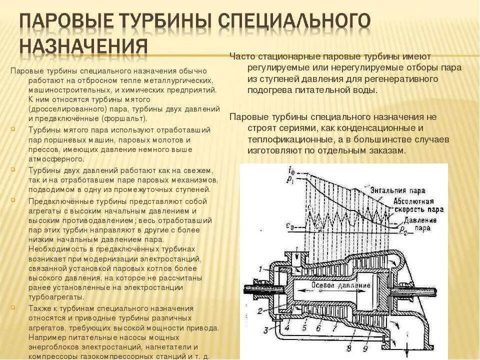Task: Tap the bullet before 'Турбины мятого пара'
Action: pyautogui.click(x=11, y=129)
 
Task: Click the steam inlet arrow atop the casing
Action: pyautogui.click(x=297, y=257)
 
